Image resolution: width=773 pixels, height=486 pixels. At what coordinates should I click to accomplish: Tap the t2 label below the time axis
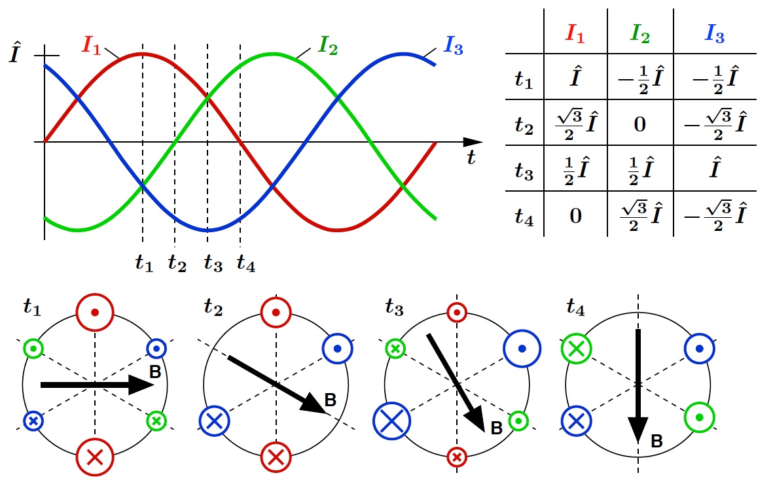177,263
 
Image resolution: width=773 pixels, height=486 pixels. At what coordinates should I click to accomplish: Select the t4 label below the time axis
245,263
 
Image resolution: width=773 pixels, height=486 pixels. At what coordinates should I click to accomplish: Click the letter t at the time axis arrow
470,156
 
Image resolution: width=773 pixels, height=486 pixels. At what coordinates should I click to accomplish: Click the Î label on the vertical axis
14,56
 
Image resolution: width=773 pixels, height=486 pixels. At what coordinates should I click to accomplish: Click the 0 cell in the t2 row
640,124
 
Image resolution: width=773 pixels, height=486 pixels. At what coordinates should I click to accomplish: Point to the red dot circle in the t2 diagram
276,313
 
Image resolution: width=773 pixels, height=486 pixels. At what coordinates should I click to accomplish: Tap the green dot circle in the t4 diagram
699,417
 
